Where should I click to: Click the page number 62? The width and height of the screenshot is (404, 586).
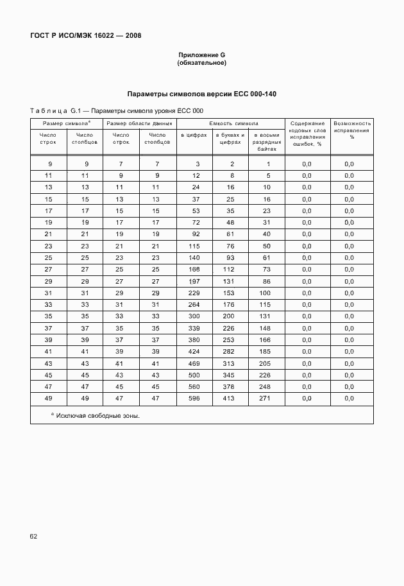(35, 535)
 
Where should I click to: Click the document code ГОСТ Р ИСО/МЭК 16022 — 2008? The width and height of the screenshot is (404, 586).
(85, 36)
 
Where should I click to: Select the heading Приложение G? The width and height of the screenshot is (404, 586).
(201, 56)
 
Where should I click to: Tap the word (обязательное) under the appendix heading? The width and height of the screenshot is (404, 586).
(201, 64)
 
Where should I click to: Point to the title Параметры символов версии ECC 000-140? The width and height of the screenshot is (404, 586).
(201, 94)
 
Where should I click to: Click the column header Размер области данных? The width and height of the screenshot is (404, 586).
(139, 123)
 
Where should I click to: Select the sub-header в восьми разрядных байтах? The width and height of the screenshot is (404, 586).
(265, 142)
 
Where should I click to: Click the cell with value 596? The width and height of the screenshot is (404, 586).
(195, 399)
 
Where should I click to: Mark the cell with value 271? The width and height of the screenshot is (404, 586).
(265, 399)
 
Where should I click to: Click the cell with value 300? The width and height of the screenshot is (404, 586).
(195, 316)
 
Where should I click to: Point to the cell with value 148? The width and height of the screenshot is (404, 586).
(265, 328)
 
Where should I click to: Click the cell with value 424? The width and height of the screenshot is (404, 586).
(195, 352)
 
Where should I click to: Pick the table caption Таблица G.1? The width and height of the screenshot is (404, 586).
(58, 111)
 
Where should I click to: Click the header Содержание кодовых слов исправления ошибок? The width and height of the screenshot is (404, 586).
(307, 134)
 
